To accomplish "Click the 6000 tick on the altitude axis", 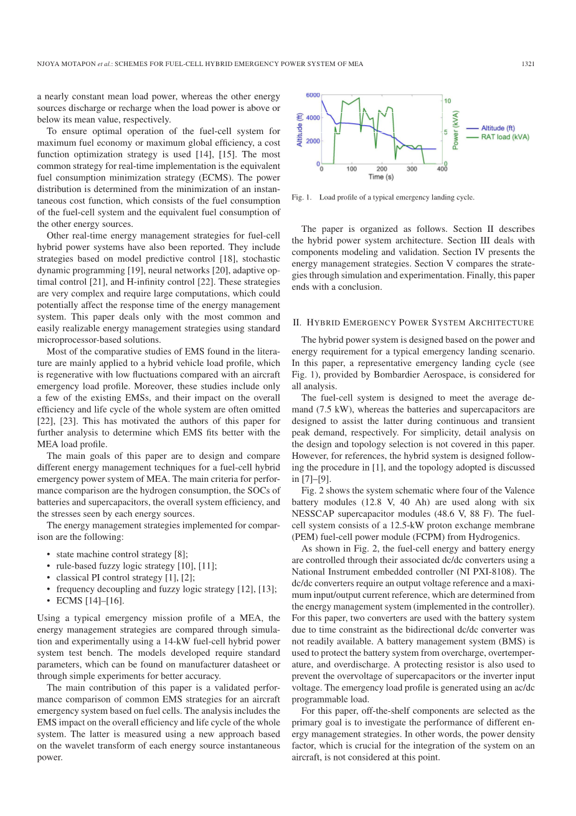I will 311,95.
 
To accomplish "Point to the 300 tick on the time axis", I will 412,169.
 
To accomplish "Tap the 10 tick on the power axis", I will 448,100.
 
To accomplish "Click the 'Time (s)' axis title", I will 380,177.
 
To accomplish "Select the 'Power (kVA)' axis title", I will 456,130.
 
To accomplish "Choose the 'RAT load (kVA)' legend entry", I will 504,137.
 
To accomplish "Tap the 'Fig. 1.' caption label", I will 301,198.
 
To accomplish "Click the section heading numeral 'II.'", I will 296,323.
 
